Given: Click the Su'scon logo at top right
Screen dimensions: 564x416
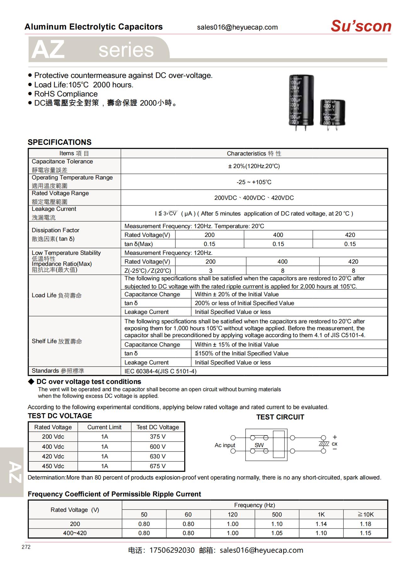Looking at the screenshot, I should point(361,26).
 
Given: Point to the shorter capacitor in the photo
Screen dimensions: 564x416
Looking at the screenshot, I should point(332,112).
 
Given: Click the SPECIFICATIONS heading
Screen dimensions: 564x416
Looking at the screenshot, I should point(59,142).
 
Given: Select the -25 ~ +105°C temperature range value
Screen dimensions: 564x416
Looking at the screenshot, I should point(254,182).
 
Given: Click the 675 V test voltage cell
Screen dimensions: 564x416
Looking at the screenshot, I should point(158,466).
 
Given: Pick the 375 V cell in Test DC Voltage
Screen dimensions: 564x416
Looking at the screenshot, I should point(158,436).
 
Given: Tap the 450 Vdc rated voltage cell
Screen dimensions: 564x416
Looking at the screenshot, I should point(53,466).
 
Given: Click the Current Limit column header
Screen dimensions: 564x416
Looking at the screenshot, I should point(104,427).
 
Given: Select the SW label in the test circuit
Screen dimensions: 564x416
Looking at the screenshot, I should point(259,445).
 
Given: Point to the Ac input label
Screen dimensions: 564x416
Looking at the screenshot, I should point(225,445).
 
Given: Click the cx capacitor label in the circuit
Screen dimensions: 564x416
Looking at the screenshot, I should point(335,444).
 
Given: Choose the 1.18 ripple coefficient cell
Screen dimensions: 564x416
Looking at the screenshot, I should point(365,524).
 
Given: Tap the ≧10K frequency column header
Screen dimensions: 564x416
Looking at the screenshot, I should point(365,514).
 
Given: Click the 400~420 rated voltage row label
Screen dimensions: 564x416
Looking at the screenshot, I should point(75,533).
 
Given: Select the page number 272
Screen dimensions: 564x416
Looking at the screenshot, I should point(26,547).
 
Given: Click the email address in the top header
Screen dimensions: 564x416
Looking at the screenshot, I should point(237,27).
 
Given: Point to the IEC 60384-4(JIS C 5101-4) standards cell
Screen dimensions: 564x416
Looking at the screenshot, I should point(160,371).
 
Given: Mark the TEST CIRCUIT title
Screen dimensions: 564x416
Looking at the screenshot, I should point(280,417).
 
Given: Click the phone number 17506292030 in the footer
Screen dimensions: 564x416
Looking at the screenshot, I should point(172,550).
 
